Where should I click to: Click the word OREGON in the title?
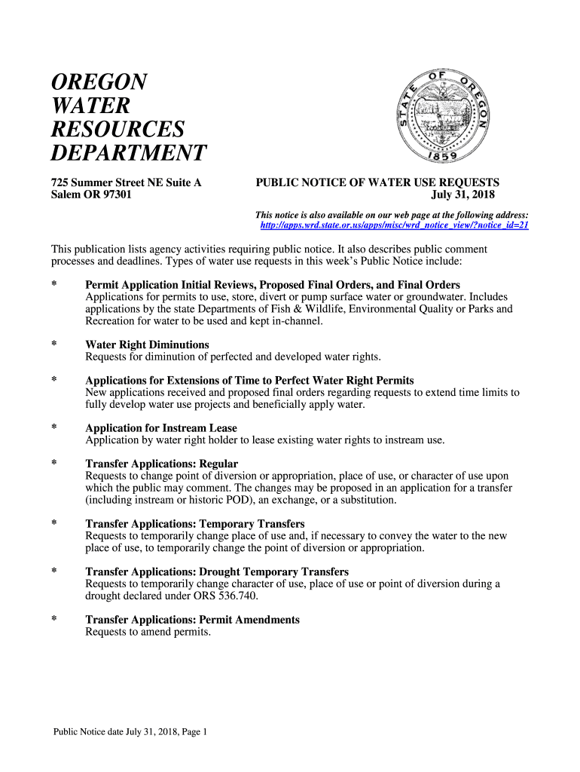(99, 81)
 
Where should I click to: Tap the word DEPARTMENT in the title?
(128, 153)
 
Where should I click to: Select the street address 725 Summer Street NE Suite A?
(126, 182)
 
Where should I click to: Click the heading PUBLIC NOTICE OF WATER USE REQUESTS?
(377, 182)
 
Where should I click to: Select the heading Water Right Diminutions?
(147, 345)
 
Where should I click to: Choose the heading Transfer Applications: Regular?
(161, 464)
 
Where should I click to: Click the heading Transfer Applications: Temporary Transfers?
(194, 523)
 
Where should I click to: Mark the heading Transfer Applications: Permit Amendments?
(192, 620)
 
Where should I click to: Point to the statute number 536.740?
(235, 596)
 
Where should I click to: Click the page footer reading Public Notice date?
(129, 731)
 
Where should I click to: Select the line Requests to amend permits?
(148, 632)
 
